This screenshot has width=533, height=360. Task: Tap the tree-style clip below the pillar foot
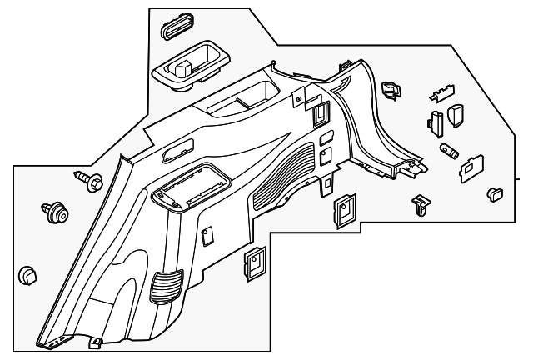[420, 204]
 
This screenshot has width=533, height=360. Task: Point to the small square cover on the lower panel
[208, 236]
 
